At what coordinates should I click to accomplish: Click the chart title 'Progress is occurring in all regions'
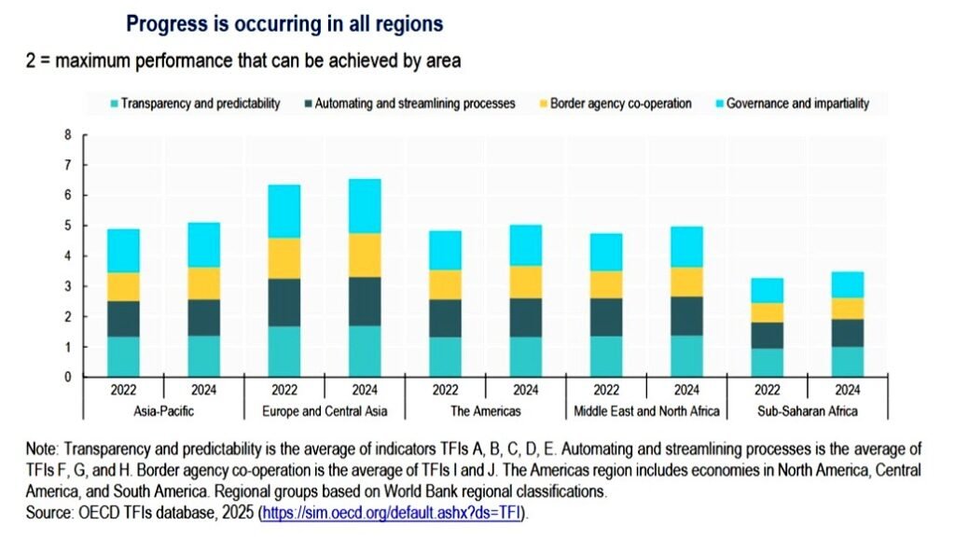[284, 22]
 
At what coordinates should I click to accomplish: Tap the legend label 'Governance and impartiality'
[796, 104]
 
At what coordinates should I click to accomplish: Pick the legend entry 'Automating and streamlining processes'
[414, 104]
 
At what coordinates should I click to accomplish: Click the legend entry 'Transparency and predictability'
[200, 104]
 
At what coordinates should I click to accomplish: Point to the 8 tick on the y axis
[67, 135]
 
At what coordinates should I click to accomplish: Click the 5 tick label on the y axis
[67, 226]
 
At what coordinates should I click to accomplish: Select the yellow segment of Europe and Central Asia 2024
[365, 255]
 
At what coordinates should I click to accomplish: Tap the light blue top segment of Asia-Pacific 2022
[123, 251]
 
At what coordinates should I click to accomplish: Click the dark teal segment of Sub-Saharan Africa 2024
[846, 332]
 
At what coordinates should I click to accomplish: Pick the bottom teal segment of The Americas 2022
[445, 356]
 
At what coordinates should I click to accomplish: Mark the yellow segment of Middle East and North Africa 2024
[686, 282]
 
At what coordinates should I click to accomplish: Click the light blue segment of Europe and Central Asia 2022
[284, 212]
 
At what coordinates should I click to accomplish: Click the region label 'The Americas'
[485, 411]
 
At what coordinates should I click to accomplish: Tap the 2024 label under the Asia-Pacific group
[204, 390]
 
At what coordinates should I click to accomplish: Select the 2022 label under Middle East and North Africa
[605, 390]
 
